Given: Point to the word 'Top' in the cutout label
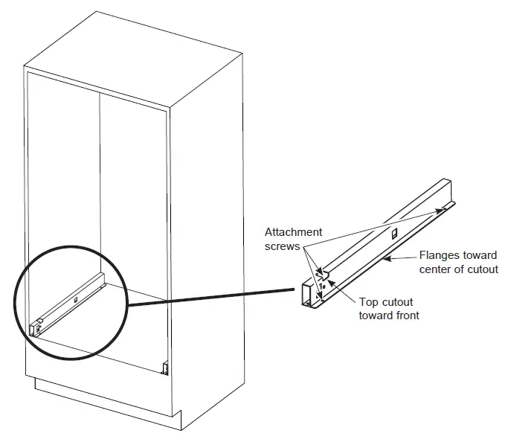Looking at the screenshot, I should [x=369, y=302].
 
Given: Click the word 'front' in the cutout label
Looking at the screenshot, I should [x=407, y=315].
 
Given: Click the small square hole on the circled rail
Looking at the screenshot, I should [x=74, y=301].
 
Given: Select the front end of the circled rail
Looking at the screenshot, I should [x=33, y=327].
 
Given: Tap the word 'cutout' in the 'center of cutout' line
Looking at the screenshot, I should [x=480, y=269].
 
